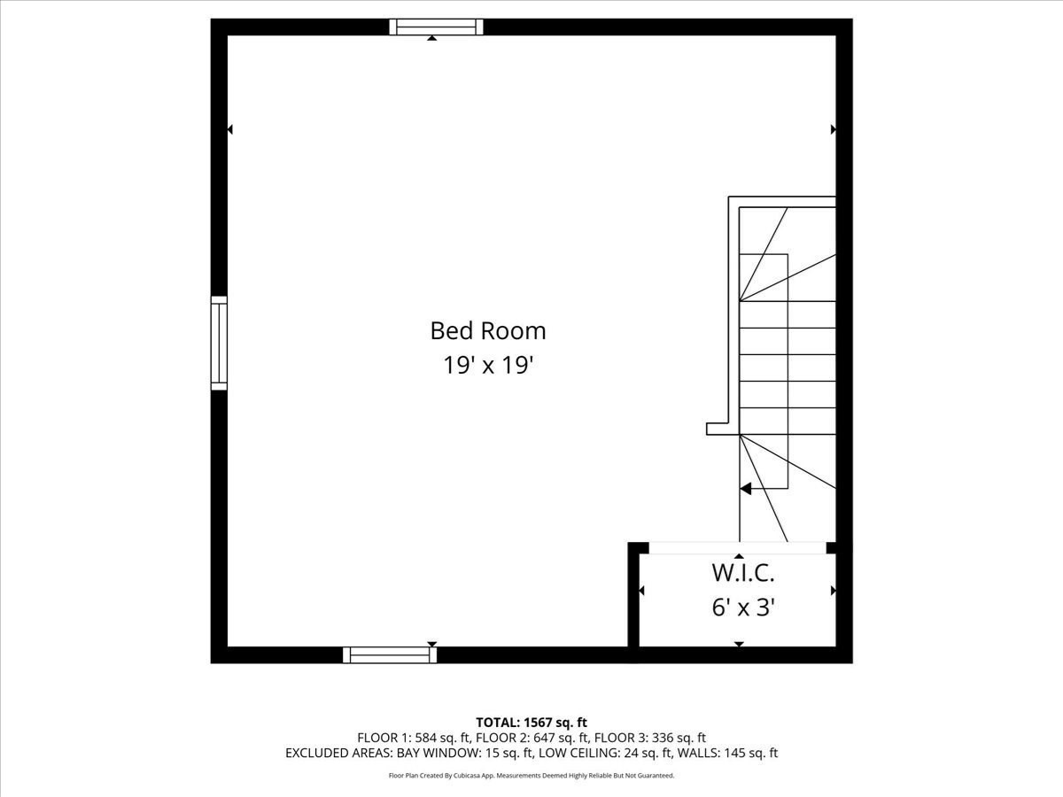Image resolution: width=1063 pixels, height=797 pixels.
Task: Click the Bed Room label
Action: pos(488,331)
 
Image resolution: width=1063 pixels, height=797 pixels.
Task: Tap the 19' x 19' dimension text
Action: pos(488,365)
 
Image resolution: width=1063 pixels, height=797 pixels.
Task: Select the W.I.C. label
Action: pos(743,573)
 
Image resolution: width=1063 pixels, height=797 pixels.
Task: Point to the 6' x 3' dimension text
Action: pos(743,607)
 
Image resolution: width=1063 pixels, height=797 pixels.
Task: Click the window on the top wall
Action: pos(437,27)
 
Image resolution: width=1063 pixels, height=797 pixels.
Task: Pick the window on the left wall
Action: pos(219,343)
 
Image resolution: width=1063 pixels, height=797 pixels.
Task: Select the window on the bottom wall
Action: pos(390,655)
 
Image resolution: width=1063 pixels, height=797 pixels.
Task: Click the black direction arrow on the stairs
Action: pos(746,488)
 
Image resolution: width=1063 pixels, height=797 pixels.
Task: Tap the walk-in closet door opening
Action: pos(737,548)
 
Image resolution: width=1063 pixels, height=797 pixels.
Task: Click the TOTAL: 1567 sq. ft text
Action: pos(531,723)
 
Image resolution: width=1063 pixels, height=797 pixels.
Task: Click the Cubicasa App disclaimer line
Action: pos(531,776)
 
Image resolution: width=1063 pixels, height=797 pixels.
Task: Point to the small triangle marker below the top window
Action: pos(431,38)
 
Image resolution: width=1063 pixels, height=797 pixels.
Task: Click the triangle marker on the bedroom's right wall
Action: pos(834,129)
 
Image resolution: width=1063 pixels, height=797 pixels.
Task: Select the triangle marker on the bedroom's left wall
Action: pos(229,129)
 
